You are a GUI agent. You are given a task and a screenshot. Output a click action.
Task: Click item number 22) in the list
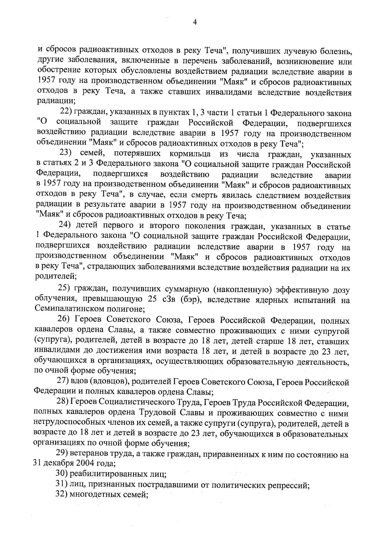click(x=67, y=113)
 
